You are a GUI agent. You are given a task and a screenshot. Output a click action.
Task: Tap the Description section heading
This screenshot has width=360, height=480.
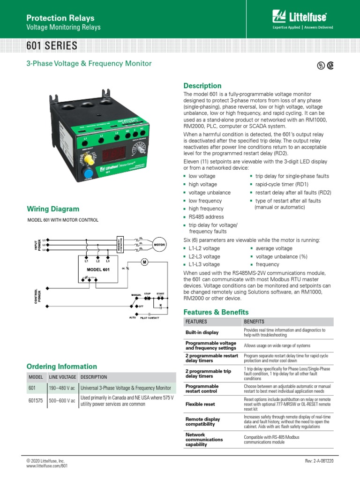(x=202, y=86)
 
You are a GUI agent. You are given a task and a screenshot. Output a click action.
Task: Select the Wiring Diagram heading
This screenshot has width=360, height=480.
(x=53, y=209)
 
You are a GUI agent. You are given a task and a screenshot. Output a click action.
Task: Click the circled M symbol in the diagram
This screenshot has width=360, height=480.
(x=144, y=262)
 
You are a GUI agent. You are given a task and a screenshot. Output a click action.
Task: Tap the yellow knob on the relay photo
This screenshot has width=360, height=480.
(x=87, y=160)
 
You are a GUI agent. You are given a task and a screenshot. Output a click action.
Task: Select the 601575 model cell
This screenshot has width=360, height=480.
(x=36, y=401)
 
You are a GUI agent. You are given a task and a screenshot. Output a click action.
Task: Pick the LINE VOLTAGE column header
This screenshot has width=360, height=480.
(x=62, y=377)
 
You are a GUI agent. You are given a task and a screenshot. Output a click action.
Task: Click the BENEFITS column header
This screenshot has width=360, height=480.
(x=254, y=322)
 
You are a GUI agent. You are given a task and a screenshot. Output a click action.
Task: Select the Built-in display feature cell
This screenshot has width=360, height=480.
(x=202, y=332)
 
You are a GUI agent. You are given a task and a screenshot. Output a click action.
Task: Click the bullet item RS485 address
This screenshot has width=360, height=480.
(x=206, y=217)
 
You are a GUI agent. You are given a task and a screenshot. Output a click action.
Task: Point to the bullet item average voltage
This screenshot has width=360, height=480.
(x=274, y=248)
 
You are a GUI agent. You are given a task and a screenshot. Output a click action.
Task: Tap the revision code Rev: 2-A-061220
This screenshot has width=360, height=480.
(x=319, y=462)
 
